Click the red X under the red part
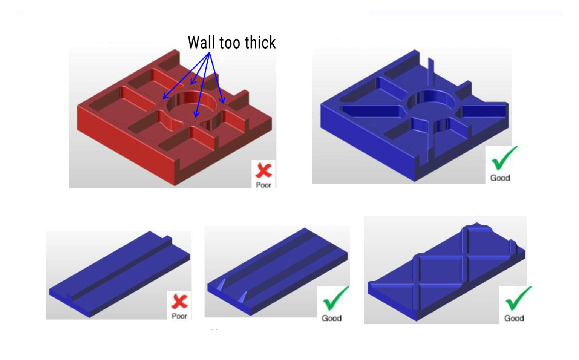pos(263,170)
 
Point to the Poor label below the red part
pos(263,185)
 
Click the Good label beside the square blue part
pos(500,178)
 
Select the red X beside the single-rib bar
pos(180,301)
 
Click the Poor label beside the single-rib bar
pos(179,316)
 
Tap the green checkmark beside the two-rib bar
pos(335,299)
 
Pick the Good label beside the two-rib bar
pos(332,318)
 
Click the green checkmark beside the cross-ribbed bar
pos(518,299)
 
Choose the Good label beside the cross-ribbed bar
pos(514,318)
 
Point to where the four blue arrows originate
pos(209,53)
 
